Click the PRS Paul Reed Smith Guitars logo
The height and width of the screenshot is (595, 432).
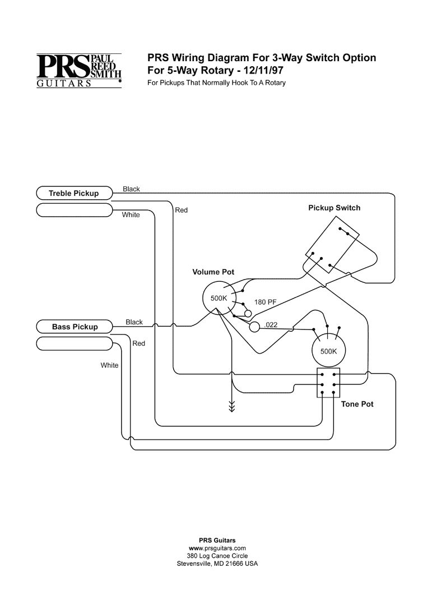79,71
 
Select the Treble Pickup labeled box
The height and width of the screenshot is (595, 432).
73,194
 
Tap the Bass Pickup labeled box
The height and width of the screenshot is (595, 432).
75,327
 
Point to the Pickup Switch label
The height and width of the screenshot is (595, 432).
334,208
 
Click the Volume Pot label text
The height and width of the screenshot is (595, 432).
213,272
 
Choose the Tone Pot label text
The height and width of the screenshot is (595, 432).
357,404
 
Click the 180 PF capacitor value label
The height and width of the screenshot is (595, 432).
266,302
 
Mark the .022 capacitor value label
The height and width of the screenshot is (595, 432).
271,324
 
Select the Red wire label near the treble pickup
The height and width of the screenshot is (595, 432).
182,210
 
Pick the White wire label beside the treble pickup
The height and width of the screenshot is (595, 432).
131,215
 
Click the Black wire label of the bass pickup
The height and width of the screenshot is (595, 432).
134,322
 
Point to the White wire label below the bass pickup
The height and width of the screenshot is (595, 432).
109,365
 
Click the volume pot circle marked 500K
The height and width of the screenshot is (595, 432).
219,299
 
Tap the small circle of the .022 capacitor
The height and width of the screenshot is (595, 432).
255,326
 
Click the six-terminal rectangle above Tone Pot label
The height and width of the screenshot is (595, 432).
328,383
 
